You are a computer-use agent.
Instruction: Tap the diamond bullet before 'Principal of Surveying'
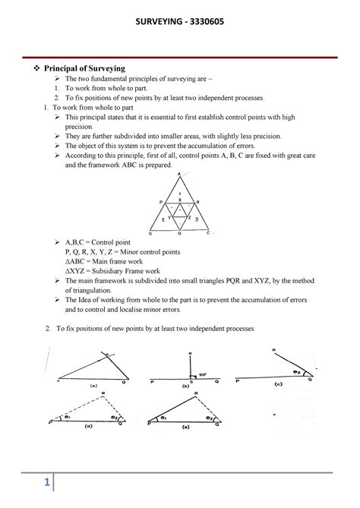40,69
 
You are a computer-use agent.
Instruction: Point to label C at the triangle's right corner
208,233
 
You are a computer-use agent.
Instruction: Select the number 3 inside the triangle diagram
196,219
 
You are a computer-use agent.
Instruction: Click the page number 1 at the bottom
46,483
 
